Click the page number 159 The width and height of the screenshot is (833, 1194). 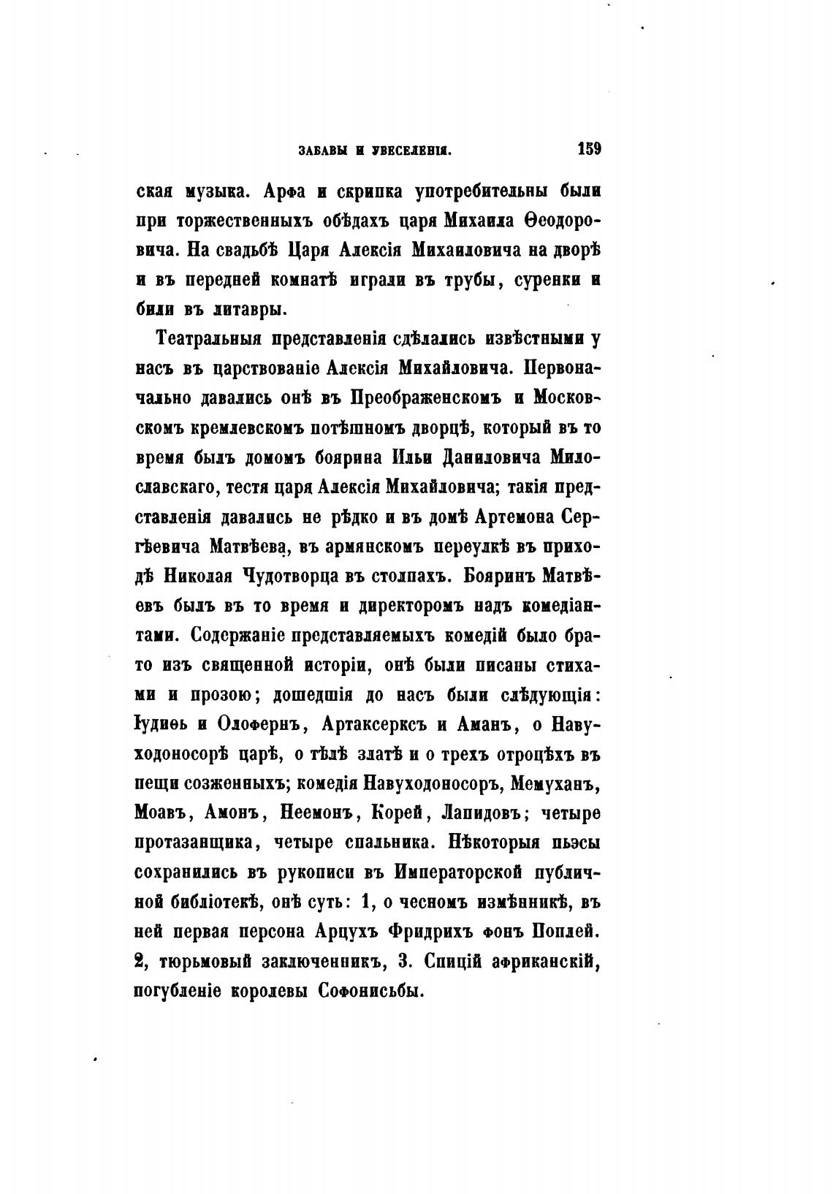click(x=588, y=150)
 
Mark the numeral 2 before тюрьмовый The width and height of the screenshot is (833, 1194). click(x=139, y=961)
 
